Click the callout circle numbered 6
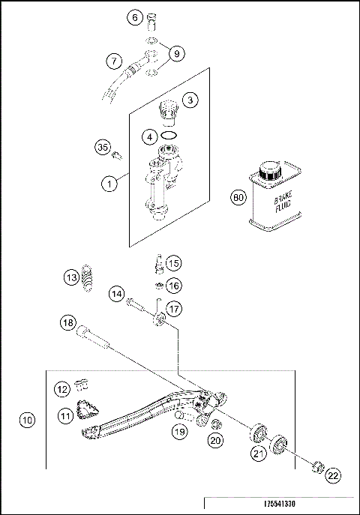coord(135,16)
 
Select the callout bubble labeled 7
coord(113,60)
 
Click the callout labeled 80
coord(238,199)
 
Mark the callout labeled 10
coord(27,421)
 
